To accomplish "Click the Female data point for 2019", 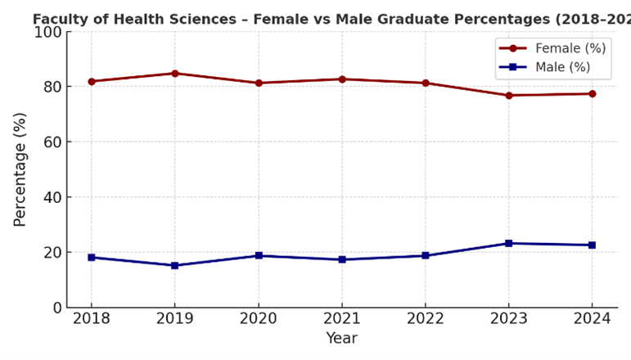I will [174, 74].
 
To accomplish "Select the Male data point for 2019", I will [174, 265].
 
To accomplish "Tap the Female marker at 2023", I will [508, 96].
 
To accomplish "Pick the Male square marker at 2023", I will [508, 243].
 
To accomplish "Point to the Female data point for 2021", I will [342, 79].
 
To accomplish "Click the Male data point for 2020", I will [259, 255].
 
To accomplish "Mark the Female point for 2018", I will [91, 81].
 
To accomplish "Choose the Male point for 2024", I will [592, 245].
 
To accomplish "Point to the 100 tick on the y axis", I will [48, 32].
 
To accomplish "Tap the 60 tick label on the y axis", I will [52, 142].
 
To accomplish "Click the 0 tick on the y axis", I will [57, 308].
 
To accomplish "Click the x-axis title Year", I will [341, 338].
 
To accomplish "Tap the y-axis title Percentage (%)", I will [20, 169].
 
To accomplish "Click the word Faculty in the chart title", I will [59, 19].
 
